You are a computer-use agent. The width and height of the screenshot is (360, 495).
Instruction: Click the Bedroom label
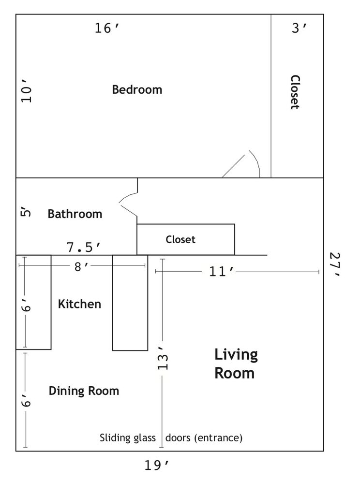137,89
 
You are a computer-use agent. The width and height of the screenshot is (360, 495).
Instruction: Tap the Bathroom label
75,214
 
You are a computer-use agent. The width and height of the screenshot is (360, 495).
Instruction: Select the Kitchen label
80,304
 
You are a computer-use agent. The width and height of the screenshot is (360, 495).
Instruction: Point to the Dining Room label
84,391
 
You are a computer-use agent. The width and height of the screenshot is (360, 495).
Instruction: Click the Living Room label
236,364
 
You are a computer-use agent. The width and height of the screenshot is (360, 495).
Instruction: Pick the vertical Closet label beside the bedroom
295,92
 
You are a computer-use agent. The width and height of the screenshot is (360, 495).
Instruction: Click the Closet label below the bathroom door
180,240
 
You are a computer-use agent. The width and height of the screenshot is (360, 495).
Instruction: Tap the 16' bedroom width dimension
107,28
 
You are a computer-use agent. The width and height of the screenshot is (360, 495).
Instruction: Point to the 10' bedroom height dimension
27,90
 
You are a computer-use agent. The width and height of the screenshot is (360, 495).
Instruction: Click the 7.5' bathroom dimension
84,247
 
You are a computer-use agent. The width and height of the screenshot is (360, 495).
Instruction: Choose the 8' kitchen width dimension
82,267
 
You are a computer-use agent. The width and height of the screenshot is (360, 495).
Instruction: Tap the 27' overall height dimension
334,264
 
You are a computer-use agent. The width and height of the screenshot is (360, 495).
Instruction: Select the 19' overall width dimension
157,466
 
